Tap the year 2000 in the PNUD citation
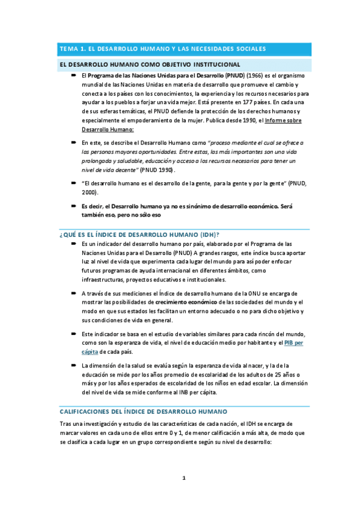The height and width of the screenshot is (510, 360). pos(90,193)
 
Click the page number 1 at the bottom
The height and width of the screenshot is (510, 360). pos(185,479)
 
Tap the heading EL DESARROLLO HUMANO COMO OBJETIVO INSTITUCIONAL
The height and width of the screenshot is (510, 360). pos(149,64)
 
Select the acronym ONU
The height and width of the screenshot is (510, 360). pos(249,292)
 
